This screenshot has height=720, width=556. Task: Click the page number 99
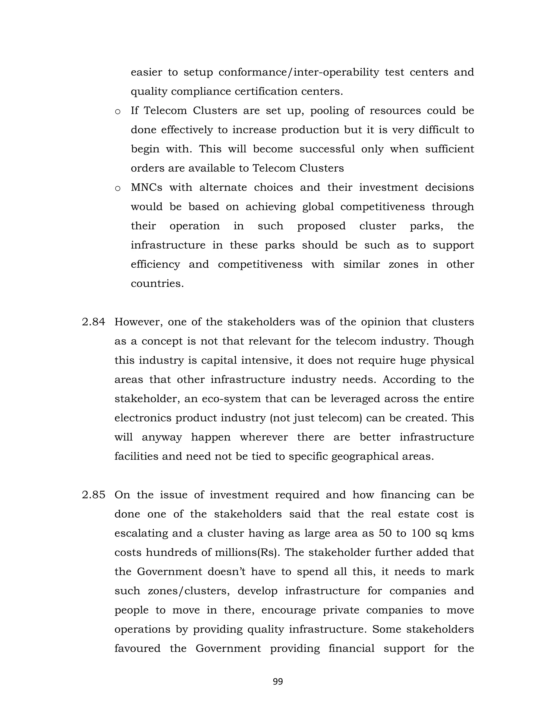point(278,681)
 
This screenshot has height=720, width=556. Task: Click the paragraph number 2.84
point(94,322)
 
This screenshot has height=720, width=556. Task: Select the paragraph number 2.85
point(94,495)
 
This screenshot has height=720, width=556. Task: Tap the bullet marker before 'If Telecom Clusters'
point(118,112)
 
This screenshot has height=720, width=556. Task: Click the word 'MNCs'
point(147,187)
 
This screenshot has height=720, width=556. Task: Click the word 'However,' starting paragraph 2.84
point(139,322)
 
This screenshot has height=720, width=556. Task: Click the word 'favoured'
point(137,649)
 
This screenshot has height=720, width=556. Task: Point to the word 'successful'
point(327,149)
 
